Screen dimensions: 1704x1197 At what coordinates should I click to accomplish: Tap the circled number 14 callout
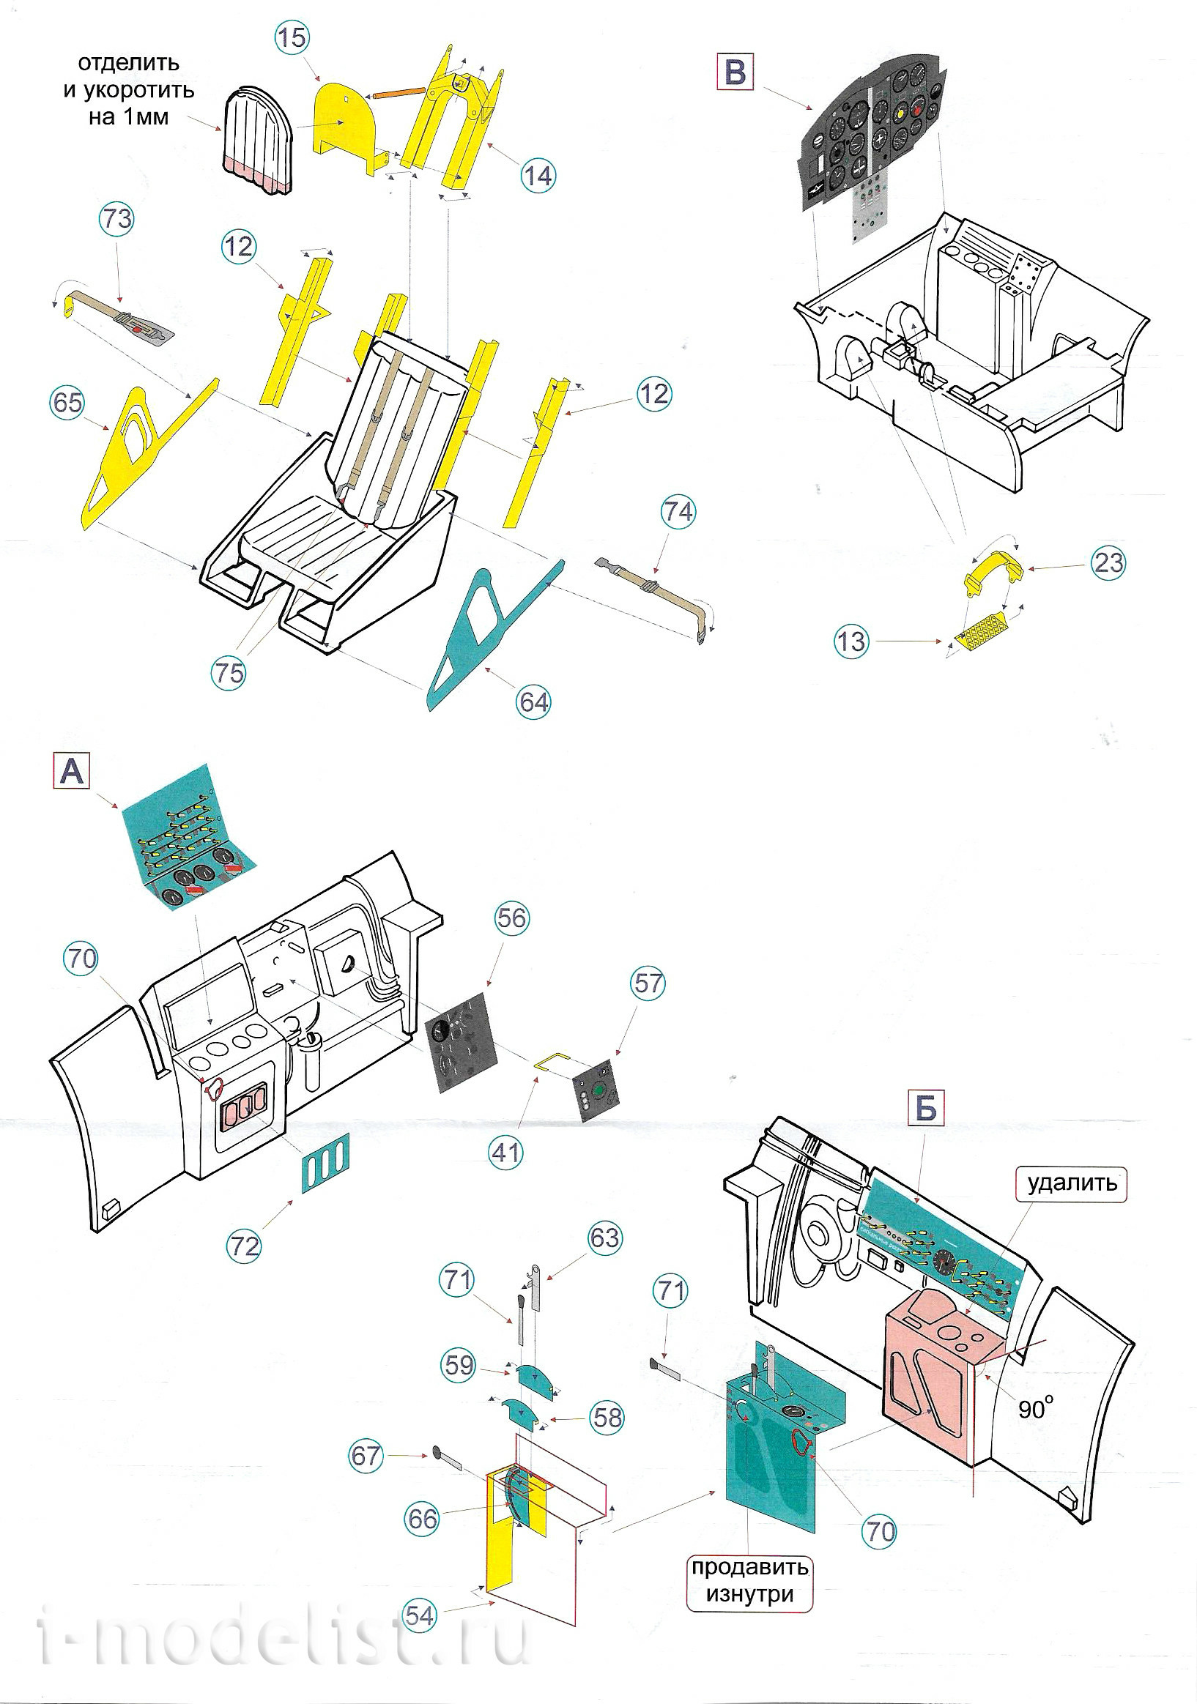pyautogui.click(x=538, y=176)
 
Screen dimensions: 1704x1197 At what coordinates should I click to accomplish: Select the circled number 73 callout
pyautogui.click(x=116, y=219)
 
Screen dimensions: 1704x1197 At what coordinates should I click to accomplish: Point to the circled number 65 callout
pyautogui.click(x=67, y=403)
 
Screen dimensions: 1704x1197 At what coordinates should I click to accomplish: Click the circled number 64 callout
pyautogui.click(x=534, y=702)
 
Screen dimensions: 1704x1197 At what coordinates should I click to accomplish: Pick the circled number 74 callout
pyautogui.click(x=678, y=512)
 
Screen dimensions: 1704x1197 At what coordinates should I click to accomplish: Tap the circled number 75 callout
pyautogui.click(x=229, y=673)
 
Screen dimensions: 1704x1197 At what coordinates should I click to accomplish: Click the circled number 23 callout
pyautogui.click(x=1108, y=562)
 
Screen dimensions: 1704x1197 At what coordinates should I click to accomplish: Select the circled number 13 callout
pyautogui.click(x=851, y=641)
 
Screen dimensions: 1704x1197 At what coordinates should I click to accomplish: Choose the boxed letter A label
pyautogui.click(x=71, y=772)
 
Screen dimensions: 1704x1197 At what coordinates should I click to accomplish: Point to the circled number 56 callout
pyautogui.click(x=511, y=918)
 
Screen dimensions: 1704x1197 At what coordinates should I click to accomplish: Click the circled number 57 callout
pyautogui.click(x=648, y=984)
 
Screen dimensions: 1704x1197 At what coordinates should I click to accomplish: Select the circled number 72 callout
pyautogui.click(x=244, y=1246)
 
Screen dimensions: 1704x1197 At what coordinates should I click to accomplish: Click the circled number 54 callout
pyautogui.click(x=420, y=1615)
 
